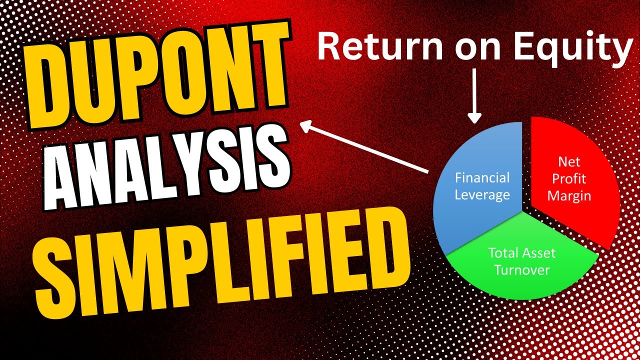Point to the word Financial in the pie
(x=482, y=178)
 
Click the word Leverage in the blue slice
(x=482, y=195)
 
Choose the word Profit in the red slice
(x=569, y=178)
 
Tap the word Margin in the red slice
(x=569, y=195)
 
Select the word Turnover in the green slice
(x=521, y=270)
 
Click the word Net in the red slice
(x=569, y=161)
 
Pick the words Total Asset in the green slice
(x=521, y=253)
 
